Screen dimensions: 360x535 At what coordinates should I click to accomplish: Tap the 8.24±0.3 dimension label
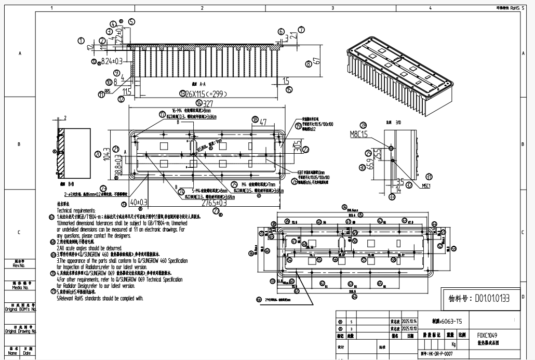point(109,61)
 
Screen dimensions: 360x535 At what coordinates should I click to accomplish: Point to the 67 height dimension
point(316,62)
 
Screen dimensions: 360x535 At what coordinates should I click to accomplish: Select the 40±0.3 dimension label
point(139,202)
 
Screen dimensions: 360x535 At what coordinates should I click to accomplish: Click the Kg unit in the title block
point(453,344)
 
